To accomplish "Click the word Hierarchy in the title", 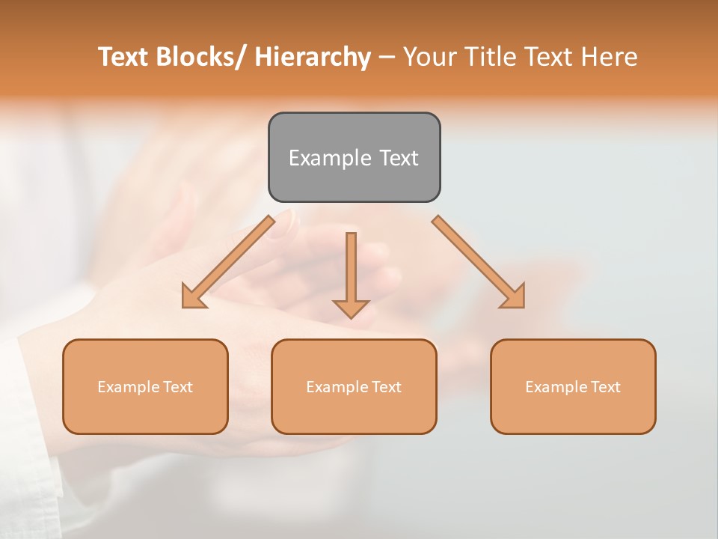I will click(x=313, y=57).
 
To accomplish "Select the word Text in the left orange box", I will click(x=178, y=387).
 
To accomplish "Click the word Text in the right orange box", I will click(x=606, y=387).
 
